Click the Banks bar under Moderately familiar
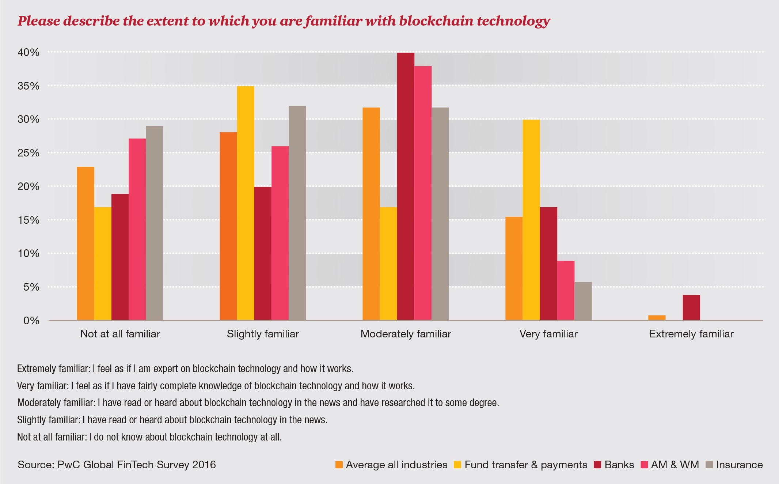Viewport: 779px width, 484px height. (406, 186)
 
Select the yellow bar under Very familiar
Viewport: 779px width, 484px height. (531, 220)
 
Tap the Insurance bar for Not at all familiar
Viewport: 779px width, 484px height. (155, 223)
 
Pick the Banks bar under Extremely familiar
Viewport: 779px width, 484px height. (691, 307)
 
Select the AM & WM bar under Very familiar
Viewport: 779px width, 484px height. (566, 291)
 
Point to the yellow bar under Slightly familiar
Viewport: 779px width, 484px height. (246, 203)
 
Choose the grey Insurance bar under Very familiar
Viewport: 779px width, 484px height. (583, 301)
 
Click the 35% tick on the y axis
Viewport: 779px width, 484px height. (28, 86)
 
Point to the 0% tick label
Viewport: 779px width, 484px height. (31, 321)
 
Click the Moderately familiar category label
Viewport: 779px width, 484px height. (406, 334)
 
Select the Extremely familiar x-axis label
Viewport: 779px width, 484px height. (691, 334)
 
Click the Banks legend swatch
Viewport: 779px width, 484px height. (597, 465)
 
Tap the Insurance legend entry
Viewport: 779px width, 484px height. (739, 465)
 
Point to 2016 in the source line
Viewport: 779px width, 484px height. (204, 465)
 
